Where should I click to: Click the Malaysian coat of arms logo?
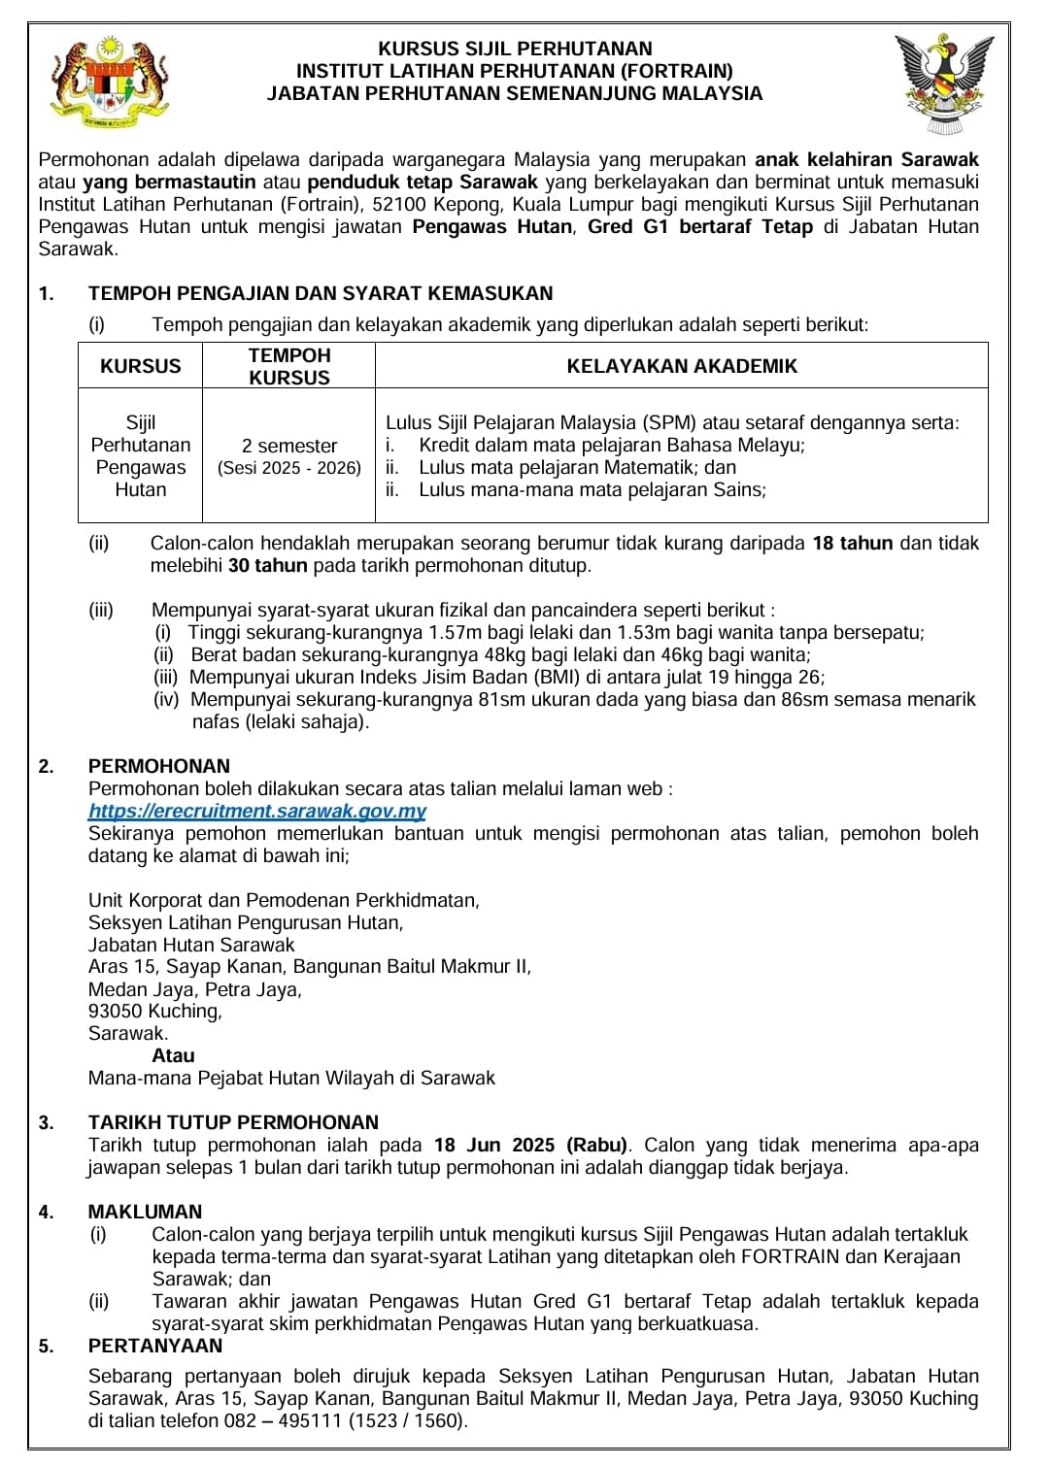click(x=107, y=84)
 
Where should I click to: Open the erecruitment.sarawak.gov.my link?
click(x=256, y=811)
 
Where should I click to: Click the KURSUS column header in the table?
click(x=141, y=366)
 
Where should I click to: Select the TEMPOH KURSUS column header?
click(x=289, y=366)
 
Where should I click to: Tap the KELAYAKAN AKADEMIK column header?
click(x=682, y=366)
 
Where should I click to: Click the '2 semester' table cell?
click(x=289, y=446)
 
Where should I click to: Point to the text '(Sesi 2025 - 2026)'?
click(x=289, y=468)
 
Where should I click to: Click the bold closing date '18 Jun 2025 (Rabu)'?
click(x=531, y=1145)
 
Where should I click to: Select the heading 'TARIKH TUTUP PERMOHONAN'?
click(x=233, y=1122)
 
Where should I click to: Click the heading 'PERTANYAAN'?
click(x=155, y=1346)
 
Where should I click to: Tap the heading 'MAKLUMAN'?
click(x=146, y=1212)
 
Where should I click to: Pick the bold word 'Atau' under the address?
click(x=173, y=1055)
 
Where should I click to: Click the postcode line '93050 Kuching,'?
click(x=155, y=1011)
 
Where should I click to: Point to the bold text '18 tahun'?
click(x=852, y=544)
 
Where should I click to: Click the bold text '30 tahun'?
click(x=267, y=565)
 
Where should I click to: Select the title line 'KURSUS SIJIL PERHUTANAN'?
click(x=515, y=48)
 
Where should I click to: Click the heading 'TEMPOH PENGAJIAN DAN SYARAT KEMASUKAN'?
click(x=321, y=293)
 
